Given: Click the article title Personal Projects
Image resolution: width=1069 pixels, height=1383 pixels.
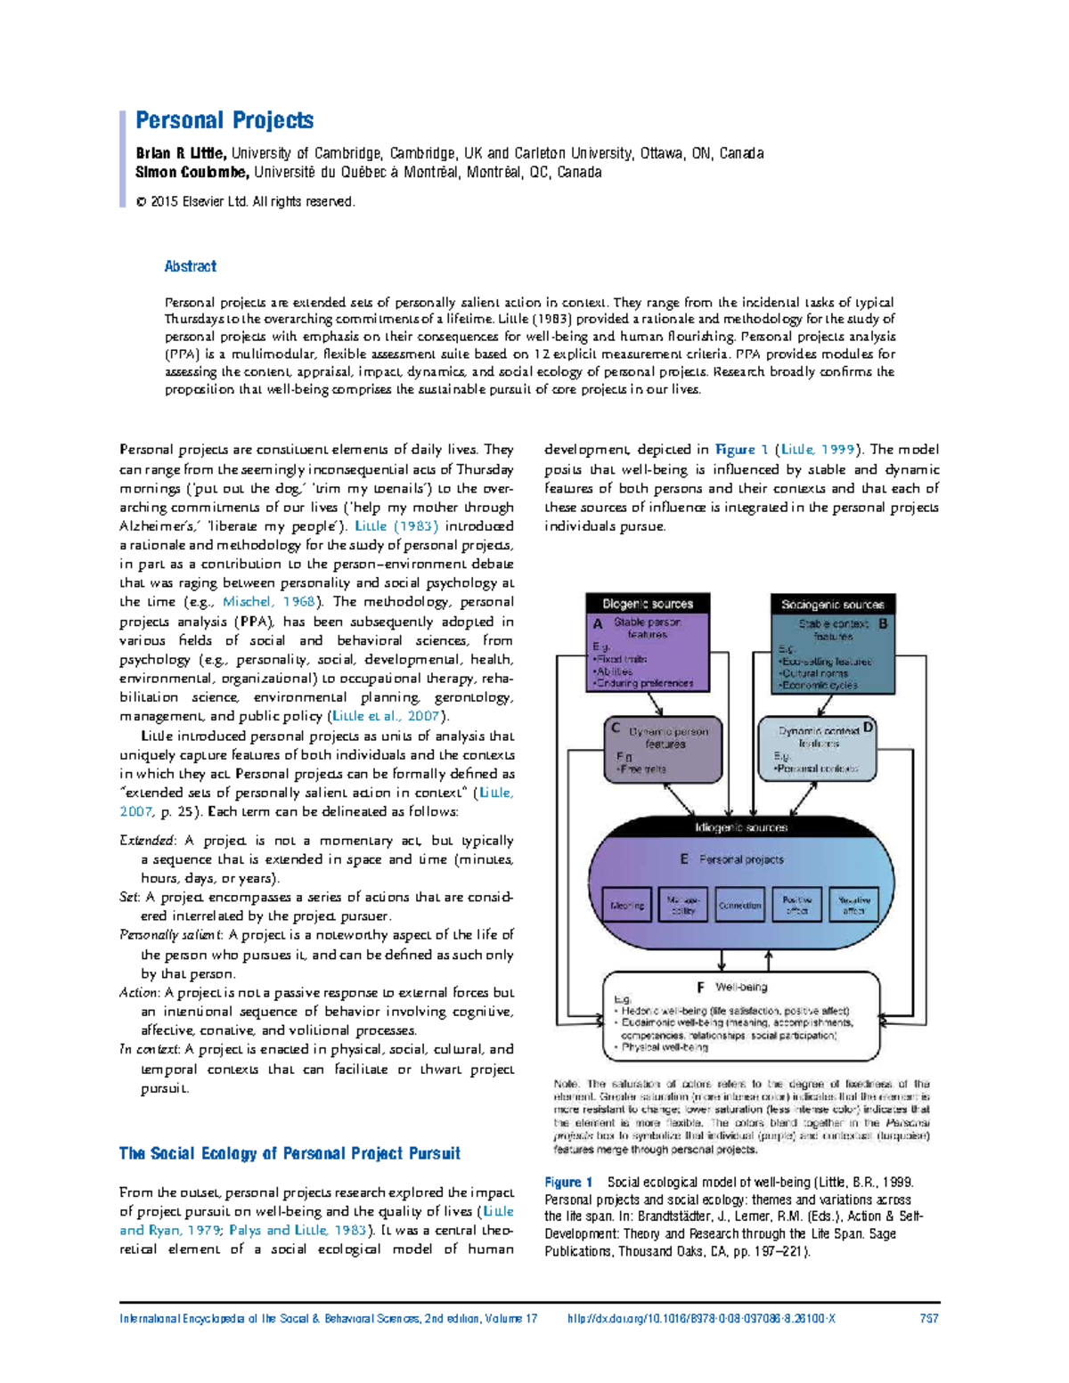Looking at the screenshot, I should pyautogui.click(x=224, y=120).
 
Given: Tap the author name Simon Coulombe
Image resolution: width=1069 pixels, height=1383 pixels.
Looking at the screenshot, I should pyautogui.click(x=192, y=172).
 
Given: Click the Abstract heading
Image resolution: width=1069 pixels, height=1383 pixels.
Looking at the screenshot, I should pyautogui.click(x=190, y=266).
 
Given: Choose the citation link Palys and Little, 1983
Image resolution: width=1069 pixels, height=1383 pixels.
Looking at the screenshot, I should pyautogui.click(x=298, y=1230).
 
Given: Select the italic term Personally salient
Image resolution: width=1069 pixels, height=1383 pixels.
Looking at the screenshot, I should pyautogui.click(x=170, y=935).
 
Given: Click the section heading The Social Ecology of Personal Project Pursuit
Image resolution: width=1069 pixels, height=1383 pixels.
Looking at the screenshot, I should pyautogui.click(x=290, y=1153).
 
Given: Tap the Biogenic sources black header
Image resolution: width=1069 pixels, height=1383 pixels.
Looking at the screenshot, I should pyautogui.click(x=648, y=604).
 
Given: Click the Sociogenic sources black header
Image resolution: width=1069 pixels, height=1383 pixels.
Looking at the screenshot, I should pyautogui.click(x=832, y=604).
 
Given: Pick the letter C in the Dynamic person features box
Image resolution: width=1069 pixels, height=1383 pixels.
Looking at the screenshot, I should pyautogui.click(x=615, y=728).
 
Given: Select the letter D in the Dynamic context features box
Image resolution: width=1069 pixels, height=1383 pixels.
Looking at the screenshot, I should pyautogui.click(x=868, y=728).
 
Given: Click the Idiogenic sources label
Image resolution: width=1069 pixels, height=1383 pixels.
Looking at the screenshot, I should pyautogui.click(x=741, y=827).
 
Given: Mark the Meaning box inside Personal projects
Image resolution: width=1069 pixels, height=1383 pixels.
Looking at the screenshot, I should pyautogui.click(x=626, y=905).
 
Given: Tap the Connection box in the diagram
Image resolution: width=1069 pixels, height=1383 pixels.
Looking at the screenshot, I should pyautogui.click(x=739, y=905).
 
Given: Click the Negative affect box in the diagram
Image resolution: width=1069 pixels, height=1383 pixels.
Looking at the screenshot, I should pyautogui.click(x=853, y=905).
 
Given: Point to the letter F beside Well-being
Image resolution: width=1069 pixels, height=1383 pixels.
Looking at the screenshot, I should pyautogui.click(x=700, y=987).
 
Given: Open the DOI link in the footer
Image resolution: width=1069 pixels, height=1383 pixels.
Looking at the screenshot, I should pyautogui.click(x=701, y=1318).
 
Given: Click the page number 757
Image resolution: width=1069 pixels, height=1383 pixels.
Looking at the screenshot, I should pyautogui.click(x=929, y=1318).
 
